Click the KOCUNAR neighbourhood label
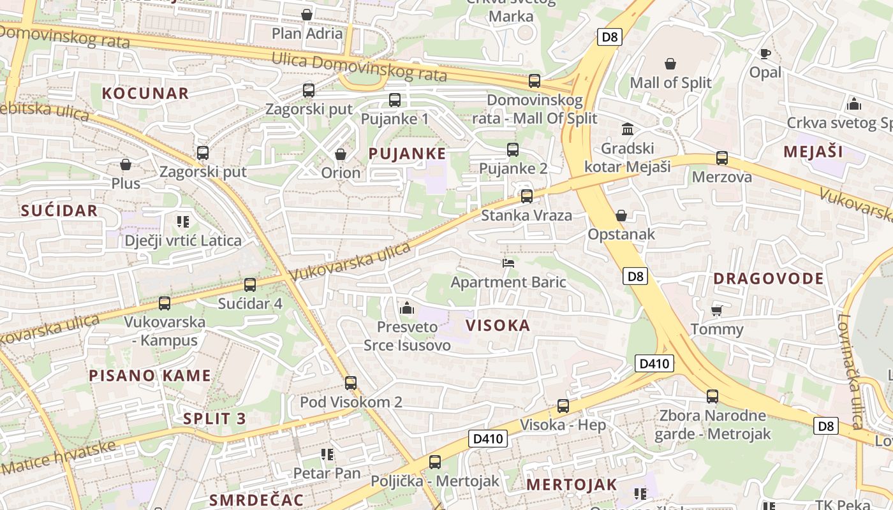pyautogui.click(x=145, y=93)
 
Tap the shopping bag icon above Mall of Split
pyautogui.click(x=670, y=64)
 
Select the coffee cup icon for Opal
pyautogui.click(x=765, y=54)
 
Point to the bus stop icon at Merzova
pyautogui.click(x=722, y=158)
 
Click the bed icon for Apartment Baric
pyautogui.click(x=508, y=263)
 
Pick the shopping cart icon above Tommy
pyautogui.click(x=717, y=310)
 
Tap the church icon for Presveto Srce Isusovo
pyautogui.click(x=406, y=309)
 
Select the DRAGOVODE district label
pyautogui.click(x=769, y=279)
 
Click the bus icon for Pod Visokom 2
pyautogui.click(x=351, y=383)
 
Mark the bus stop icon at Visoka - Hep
pyautogui.click(x=563, y=406)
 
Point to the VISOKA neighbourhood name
pyautogui.click(x=498, y=326)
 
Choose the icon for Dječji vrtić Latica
pyautogui.click(x=183, y=222)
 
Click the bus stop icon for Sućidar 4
pyautogui.click(x=250, y=285)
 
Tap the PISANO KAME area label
pyautogui.click(x=150, y=375)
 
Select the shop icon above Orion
pyautogui.click(x=341, y=154)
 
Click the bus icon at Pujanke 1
pyautogui.click(x=395, y=100)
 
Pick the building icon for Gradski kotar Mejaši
pyautogui.click(x=628, y=129)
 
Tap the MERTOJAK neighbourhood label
pyautogui.click(x=572, y=484)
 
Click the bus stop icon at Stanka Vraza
pyautogui.click(x=527, y=196)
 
